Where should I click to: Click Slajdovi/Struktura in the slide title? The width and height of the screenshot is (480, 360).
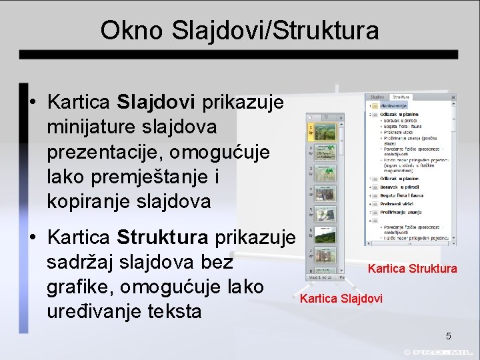pos(275,30)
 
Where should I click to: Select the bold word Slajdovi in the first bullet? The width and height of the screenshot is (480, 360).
pos(156,103)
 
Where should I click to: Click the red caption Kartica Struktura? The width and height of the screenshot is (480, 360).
pos(412,269)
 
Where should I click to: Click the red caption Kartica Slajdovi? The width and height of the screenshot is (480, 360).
pos(341,299)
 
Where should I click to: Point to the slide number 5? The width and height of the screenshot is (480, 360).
pos(449,337)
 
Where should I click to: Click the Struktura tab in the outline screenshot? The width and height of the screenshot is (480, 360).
pos(399,97)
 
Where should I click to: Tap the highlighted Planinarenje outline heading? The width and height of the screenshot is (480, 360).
pos(394,105)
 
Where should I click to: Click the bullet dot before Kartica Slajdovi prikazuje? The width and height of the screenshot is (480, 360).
pos(32,103)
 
